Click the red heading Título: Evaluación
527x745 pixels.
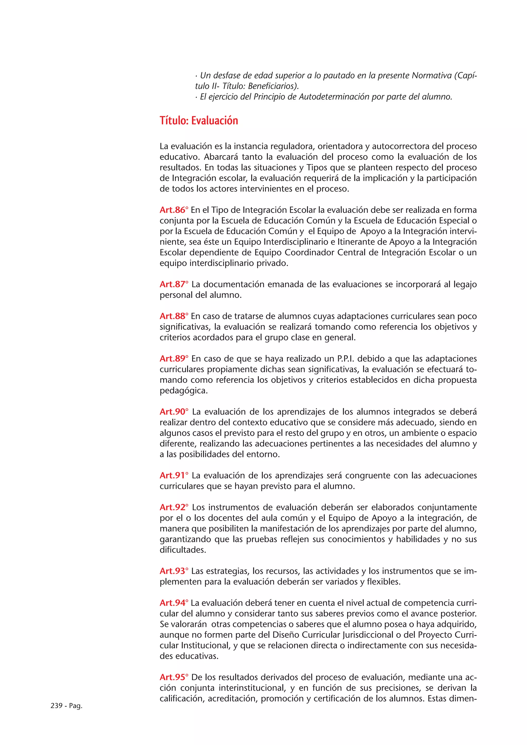199,121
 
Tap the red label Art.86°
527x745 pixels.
174,210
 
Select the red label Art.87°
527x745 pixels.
174,284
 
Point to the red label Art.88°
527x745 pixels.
174,316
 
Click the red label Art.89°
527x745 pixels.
174,359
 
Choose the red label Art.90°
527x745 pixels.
174,412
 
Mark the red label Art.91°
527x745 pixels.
174,475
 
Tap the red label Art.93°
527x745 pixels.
174,571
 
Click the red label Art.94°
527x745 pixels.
174,603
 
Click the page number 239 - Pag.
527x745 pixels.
66,706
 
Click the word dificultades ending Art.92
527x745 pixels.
182,550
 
